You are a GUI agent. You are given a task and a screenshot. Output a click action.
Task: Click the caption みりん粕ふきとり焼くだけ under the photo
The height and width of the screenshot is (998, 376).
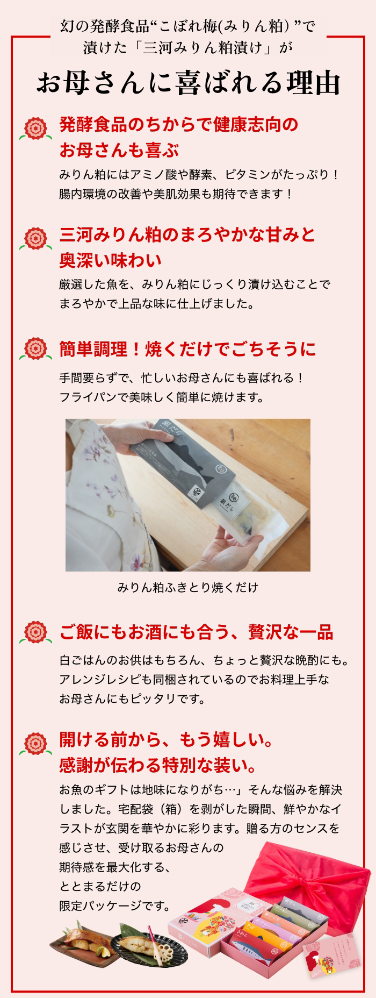187,587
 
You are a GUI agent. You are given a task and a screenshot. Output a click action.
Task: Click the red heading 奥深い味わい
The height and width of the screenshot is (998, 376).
111,261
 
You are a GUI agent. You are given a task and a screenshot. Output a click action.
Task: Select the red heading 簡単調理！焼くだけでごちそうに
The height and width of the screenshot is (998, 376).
187,349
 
